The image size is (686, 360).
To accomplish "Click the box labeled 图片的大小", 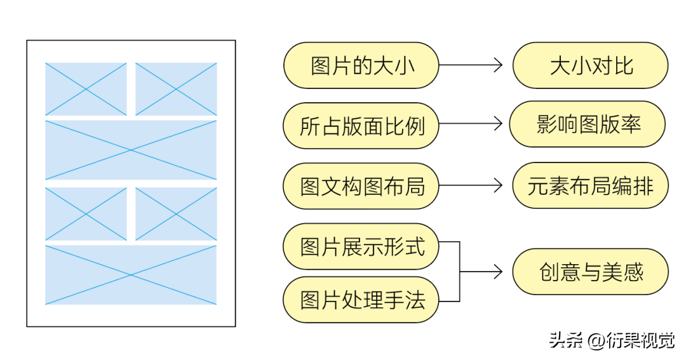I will click(361, 65).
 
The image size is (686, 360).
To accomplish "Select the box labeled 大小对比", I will click(590, 65).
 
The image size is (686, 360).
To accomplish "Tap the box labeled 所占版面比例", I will click(361, 126).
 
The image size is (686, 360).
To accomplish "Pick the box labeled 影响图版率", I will click(588, 124).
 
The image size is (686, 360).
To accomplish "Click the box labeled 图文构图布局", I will click(361, 186).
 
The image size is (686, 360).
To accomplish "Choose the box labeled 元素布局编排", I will click(590, 185).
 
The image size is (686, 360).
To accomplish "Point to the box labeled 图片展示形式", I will click(361, 246).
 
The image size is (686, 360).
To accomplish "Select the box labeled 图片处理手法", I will click(361, 300).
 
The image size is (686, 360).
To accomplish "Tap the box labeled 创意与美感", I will click(590, 272).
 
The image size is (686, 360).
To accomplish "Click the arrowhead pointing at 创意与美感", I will click(498, 272).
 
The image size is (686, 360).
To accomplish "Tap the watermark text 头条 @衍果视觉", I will click(612, 341).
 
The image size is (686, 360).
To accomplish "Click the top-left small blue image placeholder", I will click(86, 89).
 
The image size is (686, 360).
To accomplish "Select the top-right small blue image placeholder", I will click(176, 89).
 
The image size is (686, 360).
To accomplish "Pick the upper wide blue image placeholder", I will click(131, 150).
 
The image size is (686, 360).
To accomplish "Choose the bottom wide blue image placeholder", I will click(131, 275).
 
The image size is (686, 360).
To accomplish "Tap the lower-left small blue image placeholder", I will click(86, 214).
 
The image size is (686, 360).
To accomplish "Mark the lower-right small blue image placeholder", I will click(176, 214).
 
